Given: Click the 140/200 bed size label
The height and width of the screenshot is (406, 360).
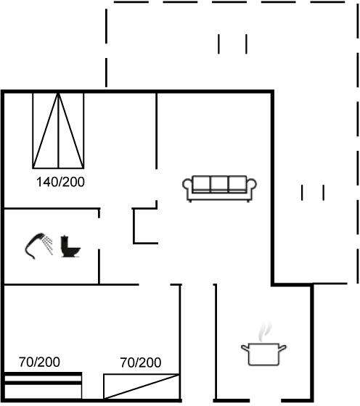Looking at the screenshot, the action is click(60, 182).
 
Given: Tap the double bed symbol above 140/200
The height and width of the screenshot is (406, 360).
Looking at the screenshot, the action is click(58, 130).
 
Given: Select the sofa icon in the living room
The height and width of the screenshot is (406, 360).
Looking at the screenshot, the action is click(219, 188).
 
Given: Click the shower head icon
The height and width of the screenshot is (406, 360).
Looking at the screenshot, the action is click(35, 246).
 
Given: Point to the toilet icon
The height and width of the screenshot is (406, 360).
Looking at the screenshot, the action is click(70, 246).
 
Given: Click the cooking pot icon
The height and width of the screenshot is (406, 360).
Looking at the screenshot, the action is click(263, 354).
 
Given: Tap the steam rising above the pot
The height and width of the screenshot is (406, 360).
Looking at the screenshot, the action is click(265, 332).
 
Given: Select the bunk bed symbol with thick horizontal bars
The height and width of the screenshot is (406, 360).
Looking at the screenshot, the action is click(43, 386).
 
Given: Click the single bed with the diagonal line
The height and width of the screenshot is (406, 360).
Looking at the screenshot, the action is click(142, 386).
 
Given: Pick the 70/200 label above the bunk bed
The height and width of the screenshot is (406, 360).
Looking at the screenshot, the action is click(39, 362).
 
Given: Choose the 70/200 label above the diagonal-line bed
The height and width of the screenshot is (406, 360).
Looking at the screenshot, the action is click(141, 362).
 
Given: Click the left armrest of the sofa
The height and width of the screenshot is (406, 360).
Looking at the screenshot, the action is click(187, 185).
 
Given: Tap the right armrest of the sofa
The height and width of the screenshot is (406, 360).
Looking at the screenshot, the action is click(251, 185).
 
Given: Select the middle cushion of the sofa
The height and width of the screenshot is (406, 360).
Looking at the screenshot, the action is click(219, 183).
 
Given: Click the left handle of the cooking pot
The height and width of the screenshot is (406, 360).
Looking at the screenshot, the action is click(245, 348).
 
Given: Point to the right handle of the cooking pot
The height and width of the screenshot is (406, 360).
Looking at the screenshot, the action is click(282, 348).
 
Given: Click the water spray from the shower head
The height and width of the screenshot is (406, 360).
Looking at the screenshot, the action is click(49, 244).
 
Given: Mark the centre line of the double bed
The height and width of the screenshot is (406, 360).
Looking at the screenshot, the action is click(59, 130).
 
